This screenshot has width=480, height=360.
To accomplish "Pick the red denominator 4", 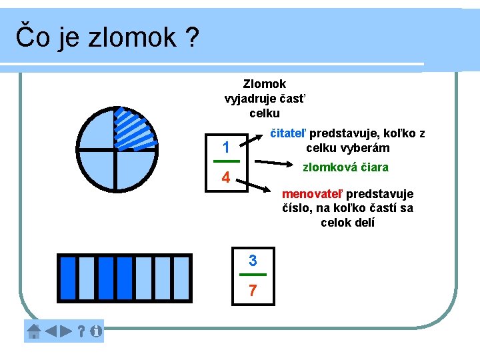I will (226, 179).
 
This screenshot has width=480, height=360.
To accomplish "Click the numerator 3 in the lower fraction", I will (253, 259).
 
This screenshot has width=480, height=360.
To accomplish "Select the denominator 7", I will (253, 290).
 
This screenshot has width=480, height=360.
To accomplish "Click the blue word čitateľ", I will (287, 133).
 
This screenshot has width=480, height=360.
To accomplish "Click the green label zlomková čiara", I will (345, 167).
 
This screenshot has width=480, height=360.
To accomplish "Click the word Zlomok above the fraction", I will (265, 84).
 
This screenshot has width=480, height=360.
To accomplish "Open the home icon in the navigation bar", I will (34, 331).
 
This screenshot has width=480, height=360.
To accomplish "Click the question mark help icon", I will (81, 331).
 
